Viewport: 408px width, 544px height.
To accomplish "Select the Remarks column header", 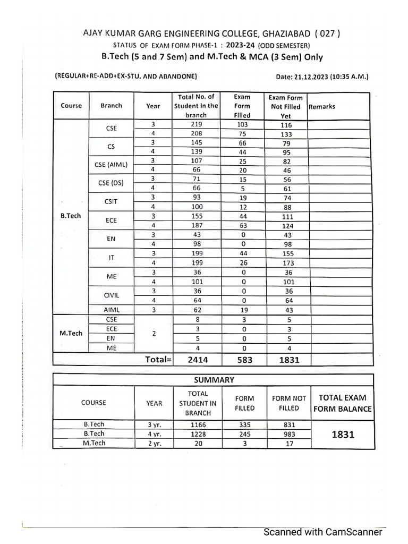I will coord(322,106).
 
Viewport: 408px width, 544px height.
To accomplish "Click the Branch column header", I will coord(111,106).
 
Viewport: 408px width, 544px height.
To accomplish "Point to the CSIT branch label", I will coord(111,202).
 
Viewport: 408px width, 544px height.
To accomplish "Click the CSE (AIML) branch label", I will coord(111,165).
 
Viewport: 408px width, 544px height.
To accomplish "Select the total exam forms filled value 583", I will coord(242,360).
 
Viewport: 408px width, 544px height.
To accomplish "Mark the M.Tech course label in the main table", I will coord(71,333).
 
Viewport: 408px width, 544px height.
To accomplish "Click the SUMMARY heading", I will coord(214,380).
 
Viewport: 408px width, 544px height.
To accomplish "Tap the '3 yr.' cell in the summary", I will coord(154,425).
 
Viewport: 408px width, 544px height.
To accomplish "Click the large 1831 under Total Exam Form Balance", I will coord(343,435).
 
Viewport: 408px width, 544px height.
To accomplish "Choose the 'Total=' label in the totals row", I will coord(158,360).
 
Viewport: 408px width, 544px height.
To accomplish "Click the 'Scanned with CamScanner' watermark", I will coord(324,532).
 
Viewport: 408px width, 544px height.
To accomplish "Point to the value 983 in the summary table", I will coord(289,434).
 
